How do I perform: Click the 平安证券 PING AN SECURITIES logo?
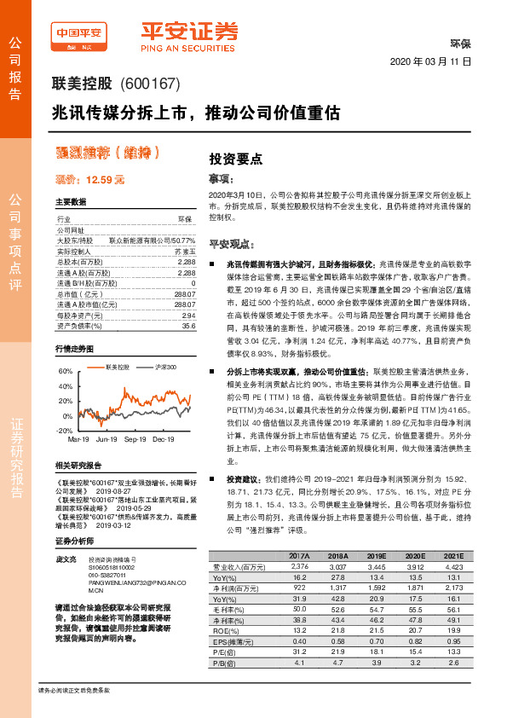click(189, 35)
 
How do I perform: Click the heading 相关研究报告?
click(78, 465)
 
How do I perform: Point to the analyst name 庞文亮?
click(66, 558)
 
